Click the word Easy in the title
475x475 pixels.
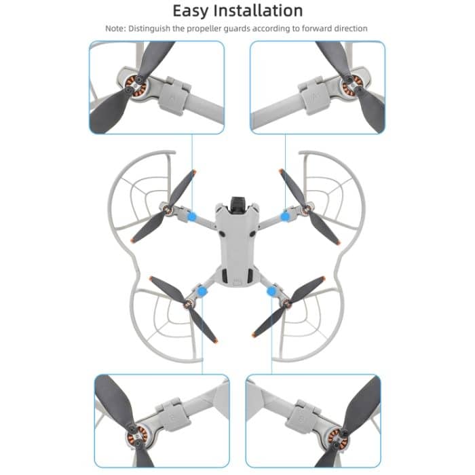(x=194, y=12)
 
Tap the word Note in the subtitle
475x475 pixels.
(x=116, y=28)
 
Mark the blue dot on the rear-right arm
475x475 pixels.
(x=272, y=292)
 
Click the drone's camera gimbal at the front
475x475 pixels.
(x=238, y=202)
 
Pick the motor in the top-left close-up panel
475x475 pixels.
(x=135, y=85)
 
